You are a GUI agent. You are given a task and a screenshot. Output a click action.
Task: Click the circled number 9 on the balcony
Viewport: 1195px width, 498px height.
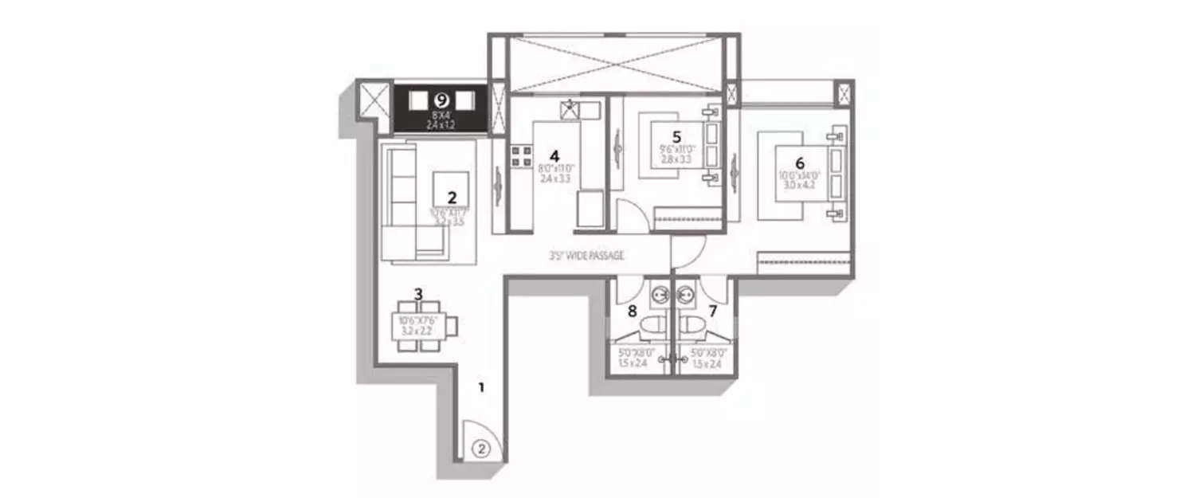pos(441,100)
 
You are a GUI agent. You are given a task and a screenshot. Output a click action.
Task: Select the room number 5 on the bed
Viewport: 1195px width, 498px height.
pos(676,136)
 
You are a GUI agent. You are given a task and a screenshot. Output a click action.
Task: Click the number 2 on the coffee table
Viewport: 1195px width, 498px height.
pos(452,197)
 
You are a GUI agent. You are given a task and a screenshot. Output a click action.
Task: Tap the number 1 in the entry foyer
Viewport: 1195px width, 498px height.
pos(480,388)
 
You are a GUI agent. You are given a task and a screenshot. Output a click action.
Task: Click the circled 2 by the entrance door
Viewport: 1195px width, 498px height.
pos(480,448)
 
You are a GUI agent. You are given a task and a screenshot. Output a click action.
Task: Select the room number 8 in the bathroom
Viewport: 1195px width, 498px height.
pos(633,311)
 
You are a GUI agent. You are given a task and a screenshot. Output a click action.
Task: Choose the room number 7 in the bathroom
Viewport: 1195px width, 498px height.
pos(713,311)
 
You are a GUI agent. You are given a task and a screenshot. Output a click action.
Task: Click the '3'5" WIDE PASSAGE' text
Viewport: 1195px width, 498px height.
pos(586,257)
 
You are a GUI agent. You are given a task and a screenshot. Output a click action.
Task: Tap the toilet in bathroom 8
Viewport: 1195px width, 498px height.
pos(656,327)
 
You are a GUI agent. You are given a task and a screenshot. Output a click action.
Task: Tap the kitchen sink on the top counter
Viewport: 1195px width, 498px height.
pos(570,111)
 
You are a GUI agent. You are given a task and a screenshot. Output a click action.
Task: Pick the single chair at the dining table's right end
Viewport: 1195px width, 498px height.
pos(453,325)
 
